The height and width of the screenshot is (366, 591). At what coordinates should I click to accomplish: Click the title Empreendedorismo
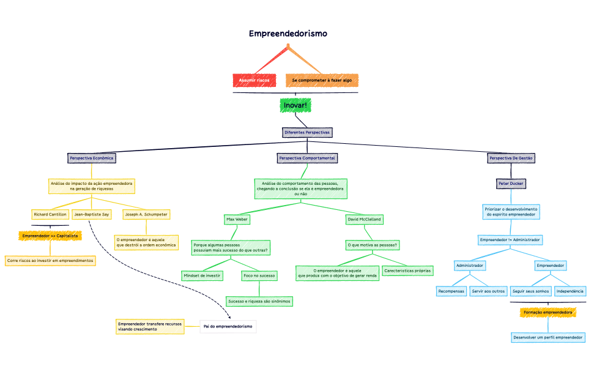[288, 34]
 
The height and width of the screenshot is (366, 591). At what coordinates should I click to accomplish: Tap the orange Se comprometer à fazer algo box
[322, 80]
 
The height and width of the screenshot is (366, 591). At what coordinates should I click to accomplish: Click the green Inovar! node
[295, 105]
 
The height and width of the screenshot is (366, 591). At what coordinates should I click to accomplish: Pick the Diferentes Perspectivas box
[307, 132]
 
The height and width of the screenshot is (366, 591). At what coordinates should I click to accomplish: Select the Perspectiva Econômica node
[92, 158]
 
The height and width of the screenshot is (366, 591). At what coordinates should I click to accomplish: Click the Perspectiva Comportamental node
[307, 158]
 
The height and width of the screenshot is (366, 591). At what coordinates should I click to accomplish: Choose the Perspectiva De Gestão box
[511, 158]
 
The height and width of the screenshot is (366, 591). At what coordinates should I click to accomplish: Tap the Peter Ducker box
[511, 183]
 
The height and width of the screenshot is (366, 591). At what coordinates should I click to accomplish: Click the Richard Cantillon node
[50, 214]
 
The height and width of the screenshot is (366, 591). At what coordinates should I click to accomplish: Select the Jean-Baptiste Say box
[92, 214]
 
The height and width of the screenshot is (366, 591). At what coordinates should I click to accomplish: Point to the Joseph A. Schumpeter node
[146, 214]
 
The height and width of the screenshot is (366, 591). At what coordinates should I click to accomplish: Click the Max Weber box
[237, 218]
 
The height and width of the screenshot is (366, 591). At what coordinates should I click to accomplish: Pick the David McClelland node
[364, 218]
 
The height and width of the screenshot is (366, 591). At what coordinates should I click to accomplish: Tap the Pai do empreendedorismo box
[228, 326]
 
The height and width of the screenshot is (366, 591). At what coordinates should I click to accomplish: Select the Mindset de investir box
[202, 275]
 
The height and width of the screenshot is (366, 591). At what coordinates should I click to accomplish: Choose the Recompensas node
[452, 291]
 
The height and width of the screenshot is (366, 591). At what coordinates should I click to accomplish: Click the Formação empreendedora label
[548, 312]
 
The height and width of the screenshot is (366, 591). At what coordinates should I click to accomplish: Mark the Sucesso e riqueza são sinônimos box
[259, 301]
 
